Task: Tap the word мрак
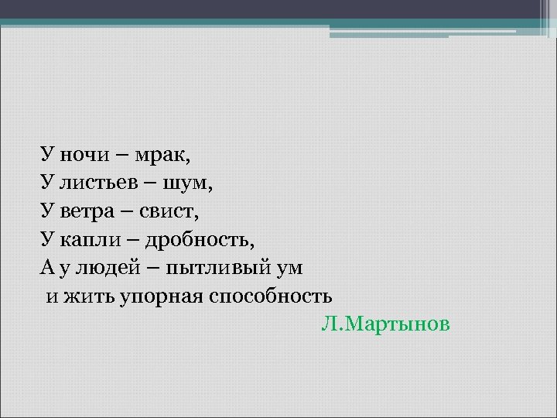pyautogui.click(x=162, y=155)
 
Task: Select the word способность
pyautogui.click(x=271, y=296)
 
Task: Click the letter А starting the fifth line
pyautogui.click(x=46, y=268)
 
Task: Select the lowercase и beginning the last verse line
pyautogui.click(x=50, y=296)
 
